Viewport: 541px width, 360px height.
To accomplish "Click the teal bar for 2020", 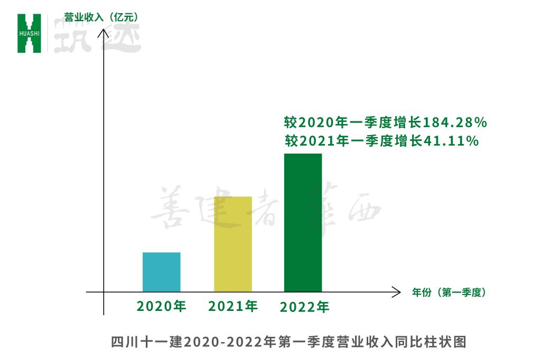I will (x=162, y=272).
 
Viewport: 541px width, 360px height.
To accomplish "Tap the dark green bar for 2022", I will (x=303, y=222).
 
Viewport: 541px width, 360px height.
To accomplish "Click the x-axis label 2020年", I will (x=162, y=306).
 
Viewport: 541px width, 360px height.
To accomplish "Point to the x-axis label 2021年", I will (x=233, y=306).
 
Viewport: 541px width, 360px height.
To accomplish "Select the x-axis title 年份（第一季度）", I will (x=449, y=292).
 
